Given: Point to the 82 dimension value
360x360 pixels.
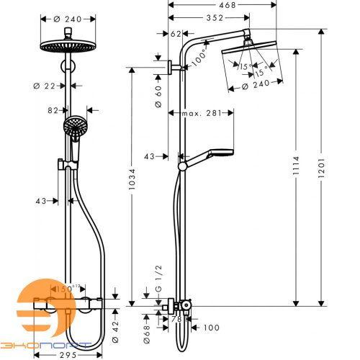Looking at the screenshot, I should [x=53, y=111].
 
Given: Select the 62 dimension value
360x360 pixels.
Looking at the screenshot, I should [x=178, y=33].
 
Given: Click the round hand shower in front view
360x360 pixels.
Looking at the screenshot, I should [x=73, y=130].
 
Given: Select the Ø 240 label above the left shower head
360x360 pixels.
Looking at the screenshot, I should [x=73, y=19].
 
